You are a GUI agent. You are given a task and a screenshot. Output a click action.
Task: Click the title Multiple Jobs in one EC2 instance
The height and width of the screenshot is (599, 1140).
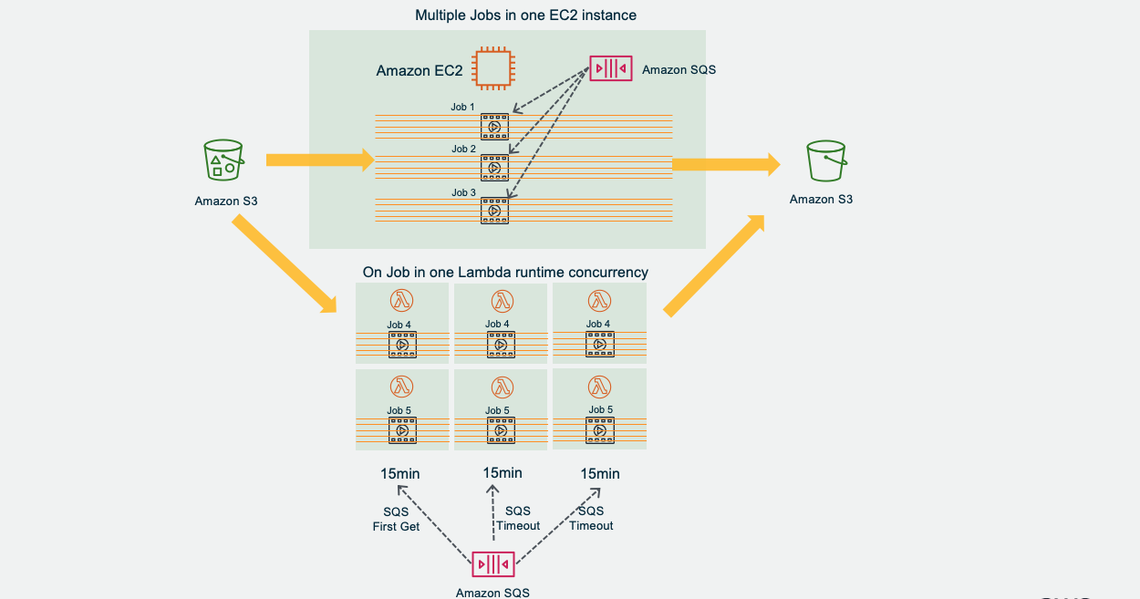pos(525,15)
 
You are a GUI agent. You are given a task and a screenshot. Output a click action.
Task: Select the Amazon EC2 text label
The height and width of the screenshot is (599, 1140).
pos(420,70)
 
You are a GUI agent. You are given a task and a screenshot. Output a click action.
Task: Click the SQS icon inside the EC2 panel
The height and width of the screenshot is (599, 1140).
pos(611,68)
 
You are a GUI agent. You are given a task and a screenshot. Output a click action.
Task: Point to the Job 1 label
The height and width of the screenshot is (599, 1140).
pos(462,107)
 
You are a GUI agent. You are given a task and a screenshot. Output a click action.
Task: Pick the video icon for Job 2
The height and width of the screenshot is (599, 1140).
pos(494,168)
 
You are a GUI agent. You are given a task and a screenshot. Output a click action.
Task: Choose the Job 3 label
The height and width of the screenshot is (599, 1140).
pos(463,192)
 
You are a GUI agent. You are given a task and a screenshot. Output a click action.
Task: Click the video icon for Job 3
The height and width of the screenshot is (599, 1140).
pos(494,211)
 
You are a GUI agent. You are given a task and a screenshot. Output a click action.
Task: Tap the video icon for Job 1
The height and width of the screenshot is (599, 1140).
pos(494,127)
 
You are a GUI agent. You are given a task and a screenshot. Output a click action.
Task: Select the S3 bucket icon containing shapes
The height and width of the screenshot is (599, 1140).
pos(223,161)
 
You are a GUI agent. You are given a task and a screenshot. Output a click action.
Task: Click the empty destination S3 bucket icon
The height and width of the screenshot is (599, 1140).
pos(827,161)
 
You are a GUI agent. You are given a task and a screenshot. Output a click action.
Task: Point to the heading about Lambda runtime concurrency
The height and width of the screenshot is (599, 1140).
pos(505,272)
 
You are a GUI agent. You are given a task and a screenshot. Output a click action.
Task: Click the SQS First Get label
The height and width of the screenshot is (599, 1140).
pos(396,519)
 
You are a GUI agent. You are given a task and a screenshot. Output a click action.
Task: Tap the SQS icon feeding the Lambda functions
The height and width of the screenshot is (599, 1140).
pos(492,563)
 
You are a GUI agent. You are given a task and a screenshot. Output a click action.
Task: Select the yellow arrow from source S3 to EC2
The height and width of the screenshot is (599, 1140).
pos(319,161)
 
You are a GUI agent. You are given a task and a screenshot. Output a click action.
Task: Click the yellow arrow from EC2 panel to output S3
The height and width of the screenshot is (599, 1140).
pos(726,164)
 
